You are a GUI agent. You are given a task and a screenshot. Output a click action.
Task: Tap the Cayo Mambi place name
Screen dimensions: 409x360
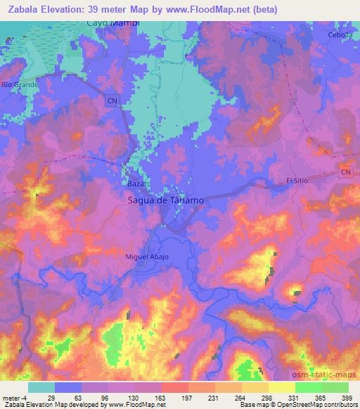click(x=113, y=23)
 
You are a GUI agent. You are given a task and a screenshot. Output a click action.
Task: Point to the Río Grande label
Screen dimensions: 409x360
click(x=16, y=84)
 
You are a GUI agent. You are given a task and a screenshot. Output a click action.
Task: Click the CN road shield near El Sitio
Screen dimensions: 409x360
click(x=345, y=172)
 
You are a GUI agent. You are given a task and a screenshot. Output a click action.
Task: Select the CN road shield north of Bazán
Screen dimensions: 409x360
click(x=114, y=101)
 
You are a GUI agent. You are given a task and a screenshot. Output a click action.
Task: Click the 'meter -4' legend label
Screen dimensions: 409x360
click(x=15, y=398)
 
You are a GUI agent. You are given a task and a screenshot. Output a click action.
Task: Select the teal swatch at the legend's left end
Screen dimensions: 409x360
click(x=41, y=387)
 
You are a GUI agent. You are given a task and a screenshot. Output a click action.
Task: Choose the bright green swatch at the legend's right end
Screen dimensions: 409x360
click(x=335, y=387)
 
